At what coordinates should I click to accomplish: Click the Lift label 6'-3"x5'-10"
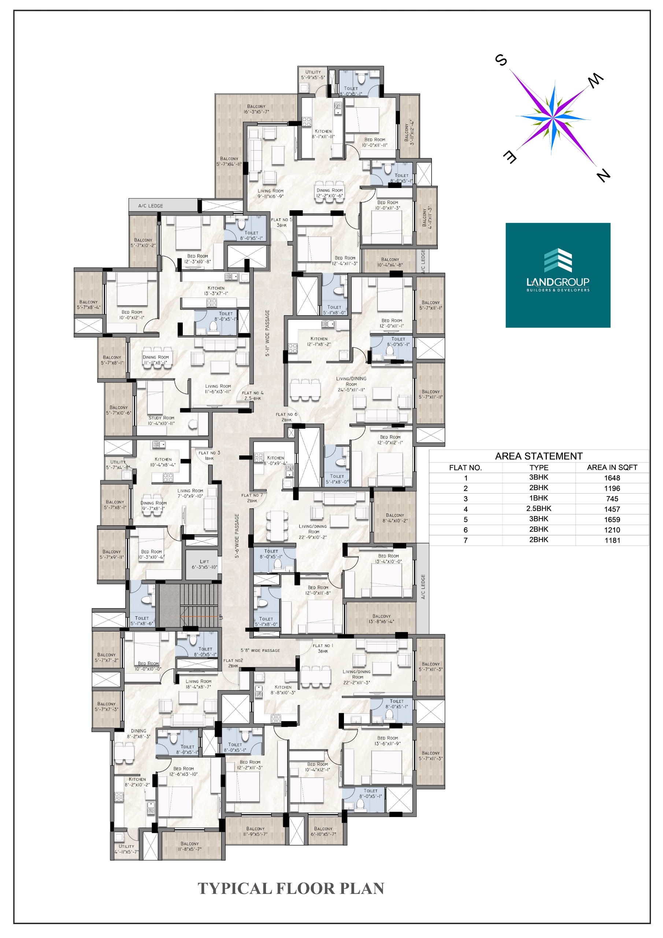tap(204, 564)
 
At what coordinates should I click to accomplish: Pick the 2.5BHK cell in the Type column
tap(538, 509)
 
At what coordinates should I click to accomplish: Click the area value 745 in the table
tap(612, 499)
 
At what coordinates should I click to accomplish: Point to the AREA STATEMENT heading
tap(538, 456)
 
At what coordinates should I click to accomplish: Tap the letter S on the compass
tap(501, 60)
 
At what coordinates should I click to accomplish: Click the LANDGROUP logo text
tap(558, 282)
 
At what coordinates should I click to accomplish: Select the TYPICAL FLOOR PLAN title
tap(291, 888)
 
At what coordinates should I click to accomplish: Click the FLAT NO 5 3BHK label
tap(281, 222)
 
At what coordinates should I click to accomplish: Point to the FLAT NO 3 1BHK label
tap(209, 455)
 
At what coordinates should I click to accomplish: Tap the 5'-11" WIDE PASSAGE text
tap(267, 333)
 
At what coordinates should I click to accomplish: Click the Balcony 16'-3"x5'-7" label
tap(256, 109)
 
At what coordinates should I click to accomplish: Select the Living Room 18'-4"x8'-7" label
tap(198, 684)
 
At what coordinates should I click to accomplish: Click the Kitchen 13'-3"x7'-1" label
tap(216, 291)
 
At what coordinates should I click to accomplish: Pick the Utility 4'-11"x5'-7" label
tap(126, 849)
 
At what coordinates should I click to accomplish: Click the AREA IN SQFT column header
tap(612, 468)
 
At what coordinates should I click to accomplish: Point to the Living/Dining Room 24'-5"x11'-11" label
tap(351, 384)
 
